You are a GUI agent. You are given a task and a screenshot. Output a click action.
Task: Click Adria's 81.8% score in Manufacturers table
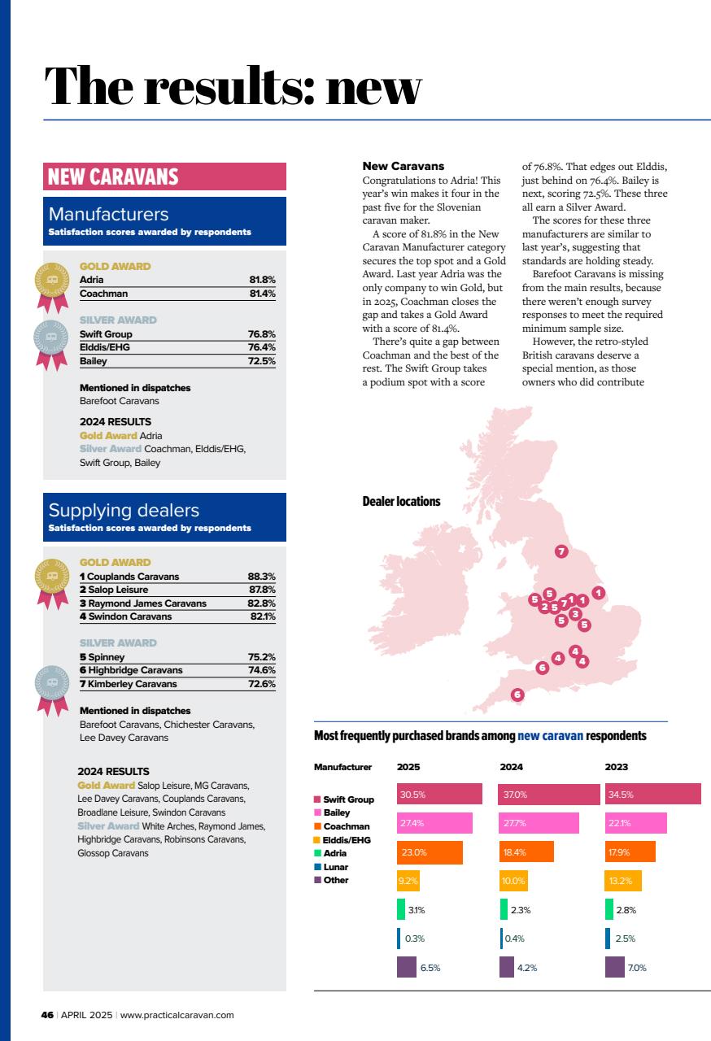coord(262,280)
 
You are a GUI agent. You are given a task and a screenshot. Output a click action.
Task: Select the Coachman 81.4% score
coord(262,294)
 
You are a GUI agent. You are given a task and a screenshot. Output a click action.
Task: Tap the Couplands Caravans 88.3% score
coord(261,577)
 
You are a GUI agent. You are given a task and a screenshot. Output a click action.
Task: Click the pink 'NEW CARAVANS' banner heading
coord(164,176)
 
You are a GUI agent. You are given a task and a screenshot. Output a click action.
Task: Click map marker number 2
coord(544,607)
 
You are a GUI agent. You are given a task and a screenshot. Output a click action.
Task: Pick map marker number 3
coord(575,614)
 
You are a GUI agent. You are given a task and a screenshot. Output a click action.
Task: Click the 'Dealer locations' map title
coord(401,502)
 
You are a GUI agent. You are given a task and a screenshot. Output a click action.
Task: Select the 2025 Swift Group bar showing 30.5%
coord(439,795)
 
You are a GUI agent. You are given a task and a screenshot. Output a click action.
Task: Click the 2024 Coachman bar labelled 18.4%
coord(526,852)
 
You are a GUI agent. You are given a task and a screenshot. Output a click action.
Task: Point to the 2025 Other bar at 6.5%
coord(407,968)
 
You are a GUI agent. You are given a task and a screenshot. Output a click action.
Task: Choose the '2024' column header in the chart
coord(511,767)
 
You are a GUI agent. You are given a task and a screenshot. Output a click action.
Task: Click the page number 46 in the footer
coord(47,1015)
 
